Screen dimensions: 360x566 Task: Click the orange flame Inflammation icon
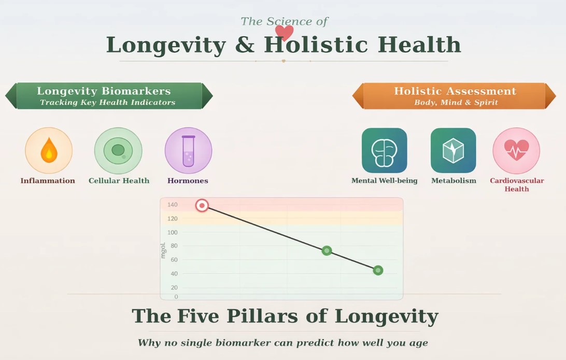pyautogui.click(x=49, y=150)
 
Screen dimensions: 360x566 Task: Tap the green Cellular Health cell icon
pyautogui.click(x=118, y=150)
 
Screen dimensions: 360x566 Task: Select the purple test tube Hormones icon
pyautogui.click(x=188, y=150)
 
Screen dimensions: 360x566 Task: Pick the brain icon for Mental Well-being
pyautogui.click(x=384, y=150)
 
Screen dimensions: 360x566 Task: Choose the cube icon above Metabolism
pyautogui.click(x=453, y=150)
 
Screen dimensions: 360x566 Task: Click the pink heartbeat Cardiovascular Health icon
pyautogui.click(x=516, y=150)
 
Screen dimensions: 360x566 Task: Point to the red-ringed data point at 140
pyautogui.click(x=202, y=205)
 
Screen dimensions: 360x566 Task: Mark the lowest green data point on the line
pyautogui.click(x=378, y=270)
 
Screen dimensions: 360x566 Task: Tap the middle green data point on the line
pyautogui.click(x=327, y=251)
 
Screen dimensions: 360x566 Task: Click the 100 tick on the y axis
pyautogui.click(x=172, y=232)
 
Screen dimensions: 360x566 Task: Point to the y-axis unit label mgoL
pyautogui.click(x=163, y=251)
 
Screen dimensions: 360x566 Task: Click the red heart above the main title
pyautogui.click(x=284, y=32)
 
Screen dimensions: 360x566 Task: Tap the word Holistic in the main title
pyautogui.click(x=316, y=45)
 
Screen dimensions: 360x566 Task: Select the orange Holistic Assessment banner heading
pyautogui.click(x=455, y=91)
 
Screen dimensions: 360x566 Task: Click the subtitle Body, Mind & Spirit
pyautogui.click(x=456, y=103)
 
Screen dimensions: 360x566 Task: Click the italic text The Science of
pyautogui.click(x=284, y=21)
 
